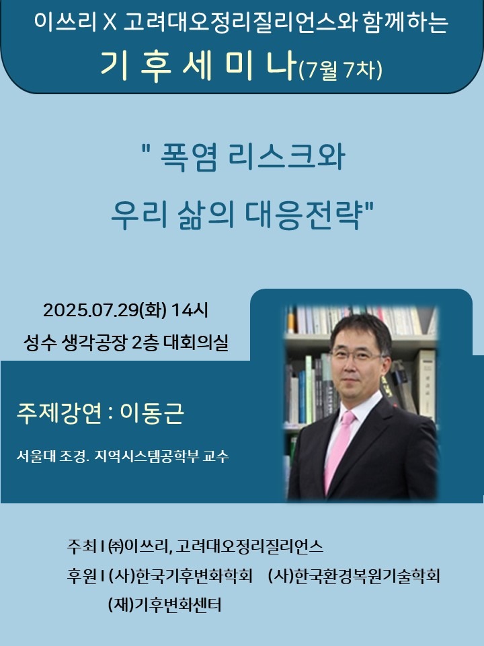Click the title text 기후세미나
click(198, 67)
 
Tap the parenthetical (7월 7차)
click(340, 69)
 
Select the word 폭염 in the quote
click(188, 157)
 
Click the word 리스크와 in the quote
click(286, 157)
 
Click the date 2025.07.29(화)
click(105, 310)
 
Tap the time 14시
click(190, 310)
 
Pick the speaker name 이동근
click(151, 413)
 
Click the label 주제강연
click(59, 413)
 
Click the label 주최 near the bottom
click(81, 546)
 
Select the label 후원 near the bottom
click(81, 575)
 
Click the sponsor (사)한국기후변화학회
click(180, 575)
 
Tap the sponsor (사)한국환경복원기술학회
click(354, 575)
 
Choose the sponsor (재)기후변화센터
click(165, 605)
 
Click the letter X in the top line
click(110, 22)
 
